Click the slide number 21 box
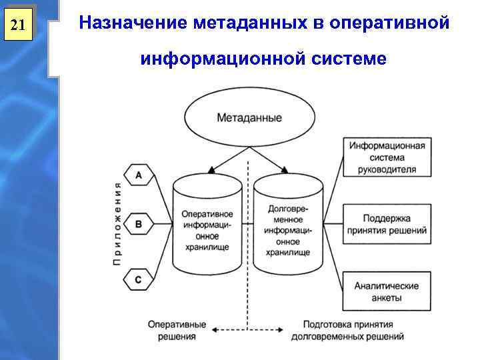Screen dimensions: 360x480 click(x=18, y=25)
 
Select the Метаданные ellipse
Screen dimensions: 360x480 click(x=249, y=118)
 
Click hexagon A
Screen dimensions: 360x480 click(x=138, y=175)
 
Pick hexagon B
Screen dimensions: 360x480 click(x=138, y=225)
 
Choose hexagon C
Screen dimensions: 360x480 click(x=138, y=280)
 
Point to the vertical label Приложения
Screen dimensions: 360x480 click(x=117, y=224)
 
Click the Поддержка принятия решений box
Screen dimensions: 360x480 click(x=387, y=224)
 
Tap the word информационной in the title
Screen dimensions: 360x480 click(x=221, y=59)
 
